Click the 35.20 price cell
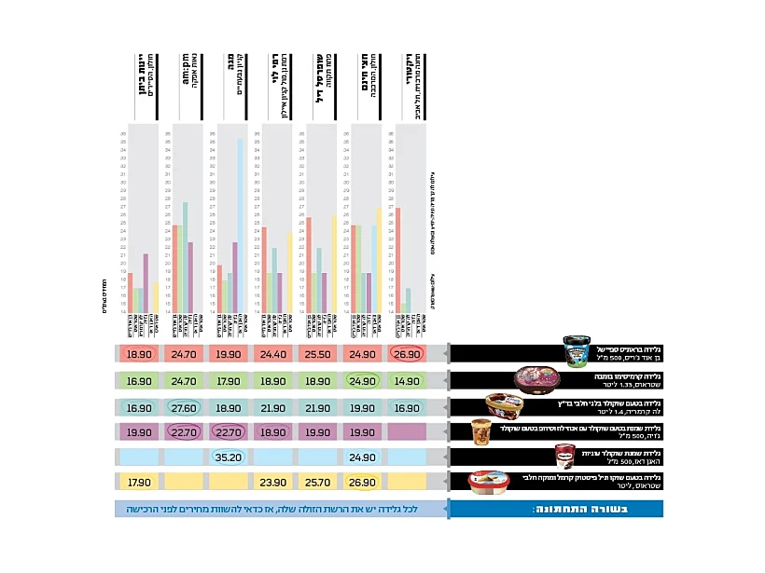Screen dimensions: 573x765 coord(228,457)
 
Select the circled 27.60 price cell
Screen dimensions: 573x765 coord(184,407)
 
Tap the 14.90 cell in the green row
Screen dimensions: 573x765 coord(407,381)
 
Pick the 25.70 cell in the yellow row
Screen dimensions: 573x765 coord(319,483)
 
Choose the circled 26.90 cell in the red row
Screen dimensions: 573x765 coord(407,355)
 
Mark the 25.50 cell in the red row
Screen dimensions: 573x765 coord(319,355)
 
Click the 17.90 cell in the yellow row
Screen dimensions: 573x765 coord(139,483)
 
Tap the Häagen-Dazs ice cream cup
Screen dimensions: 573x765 coord(565,456)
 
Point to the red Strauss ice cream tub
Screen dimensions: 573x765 coord(490,482)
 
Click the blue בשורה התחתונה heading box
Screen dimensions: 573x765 coord(556,509)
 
